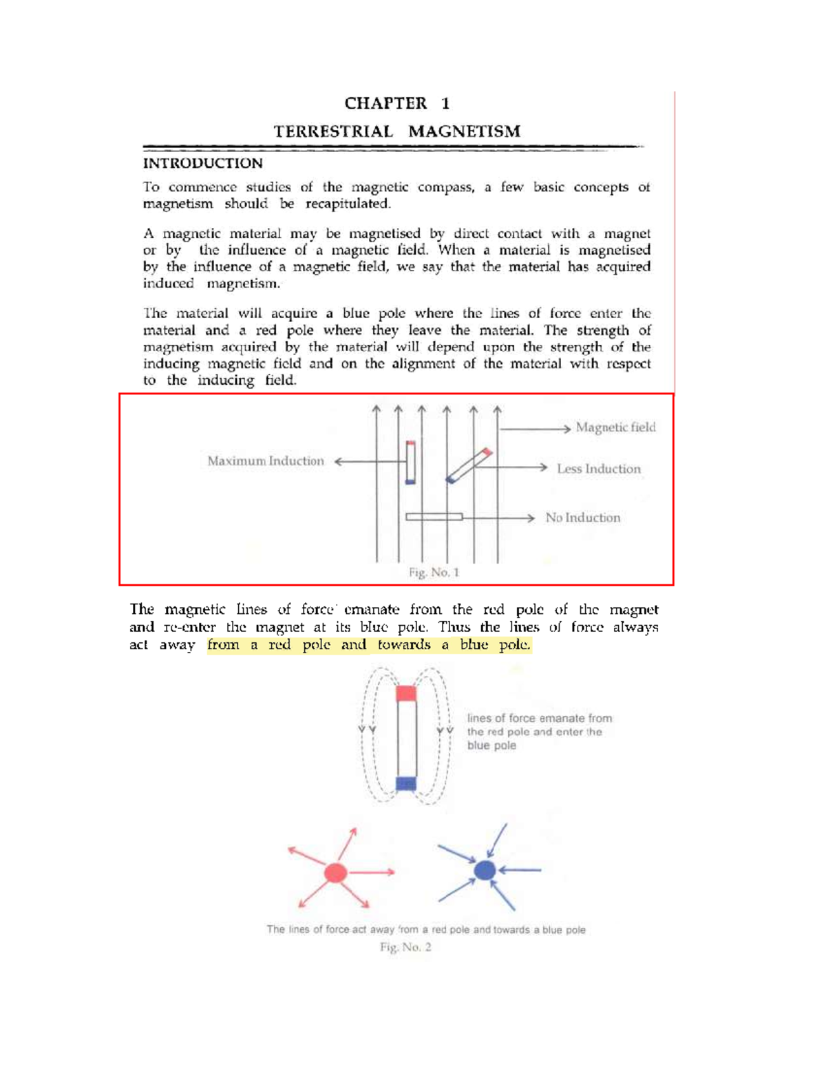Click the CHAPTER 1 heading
click(396, 103)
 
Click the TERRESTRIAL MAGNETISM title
click(396, 131)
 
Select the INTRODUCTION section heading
click(202, 163)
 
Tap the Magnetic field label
click(615, 427)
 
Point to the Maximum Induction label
click(266, 461)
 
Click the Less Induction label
click(598, 469)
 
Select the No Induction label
click(582, 518)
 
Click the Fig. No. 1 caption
click(434, 572)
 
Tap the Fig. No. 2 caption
click(405, 947)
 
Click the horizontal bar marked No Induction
click(434, 517)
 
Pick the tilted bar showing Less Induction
click(469, 466)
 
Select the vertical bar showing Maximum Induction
click(410, 463)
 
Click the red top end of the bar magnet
click(406, 693)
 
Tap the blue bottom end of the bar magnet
click(406, 783)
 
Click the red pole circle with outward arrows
click(335, 873)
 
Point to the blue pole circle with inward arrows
click(485, 871)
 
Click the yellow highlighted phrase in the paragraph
click(369, 645)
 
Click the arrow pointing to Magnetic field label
click(535, 429)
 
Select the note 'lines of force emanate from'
click(539, 718)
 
